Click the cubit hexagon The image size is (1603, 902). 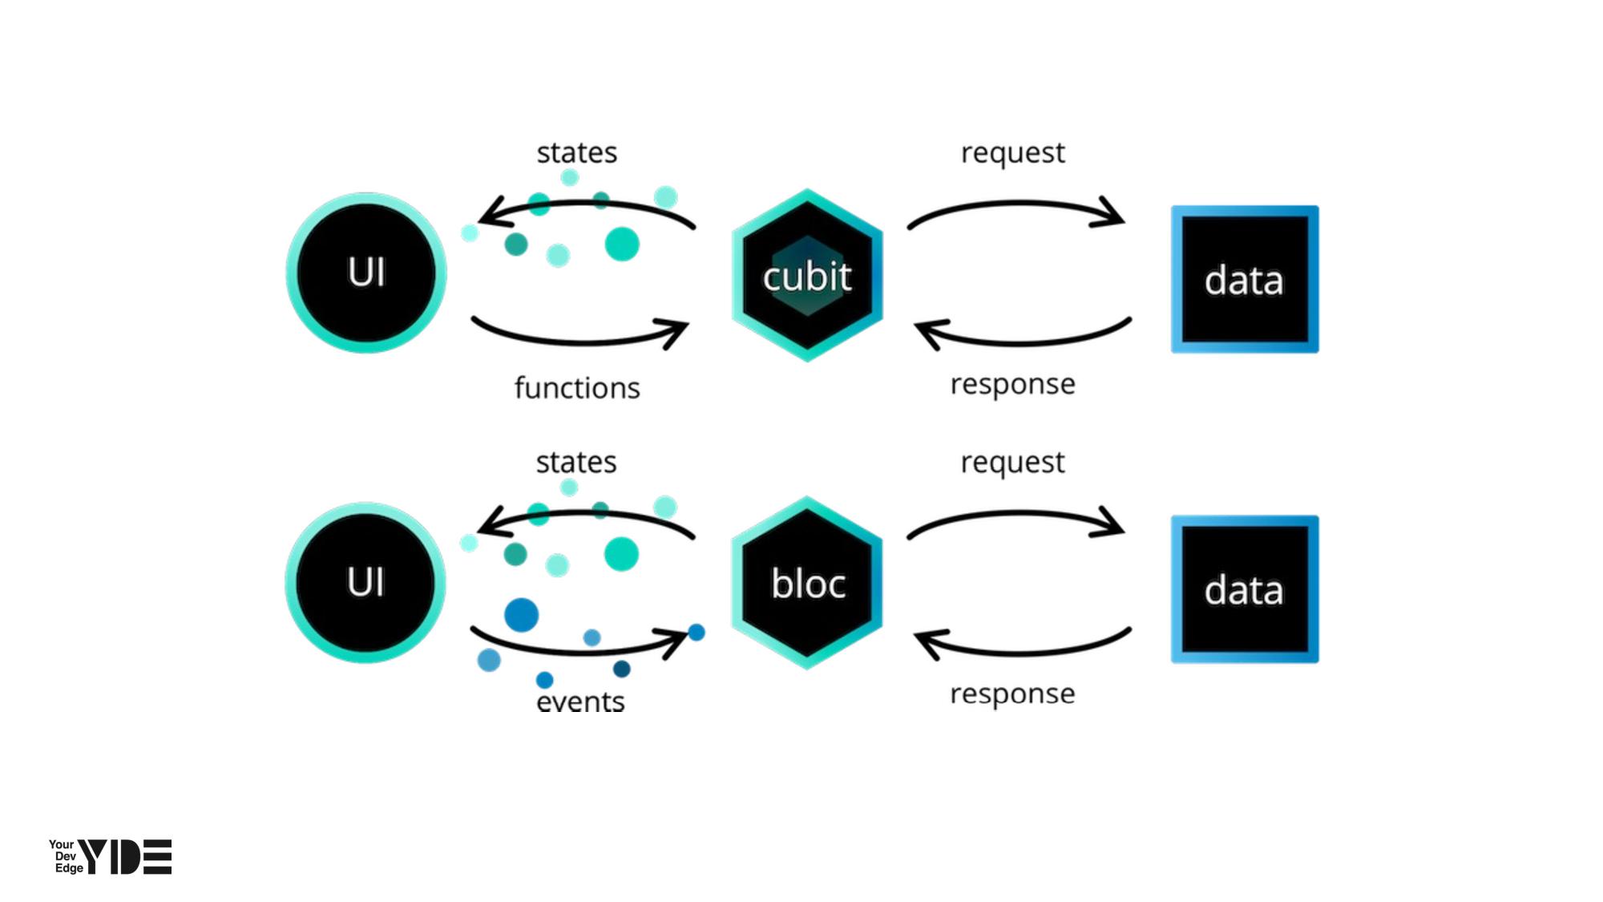(807, 275)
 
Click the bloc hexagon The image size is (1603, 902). (807, 583)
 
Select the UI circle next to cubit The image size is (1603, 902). (366, 273)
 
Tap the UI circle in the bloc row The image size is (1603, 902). (365, 582)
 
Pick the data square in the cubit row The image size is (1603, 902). (1244, 279)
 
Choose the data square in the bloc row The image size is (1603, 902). (1244, 589)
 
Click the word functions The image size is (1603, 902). (577, 388)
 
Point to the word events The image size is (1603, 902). (580, 702)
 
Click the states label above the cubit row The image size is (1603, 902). (577, 152)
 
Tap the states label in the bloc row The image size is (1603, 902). (576, 463)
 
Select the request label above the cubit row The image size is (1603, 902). (1013, 152)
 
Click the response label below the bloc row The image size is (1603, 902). (1012, 694)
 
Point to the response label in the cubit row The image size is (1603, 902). (1012, 384)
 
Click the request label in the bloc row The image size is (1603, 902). (1012, 463)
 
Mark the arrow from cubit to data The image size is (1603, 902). (1016, 205)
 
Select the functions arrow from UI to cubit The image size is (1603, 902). (579, 340)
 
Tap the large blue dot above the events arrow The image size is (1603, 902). (521, 615)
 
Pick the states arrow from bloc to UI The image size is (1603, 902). (585, 515)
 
